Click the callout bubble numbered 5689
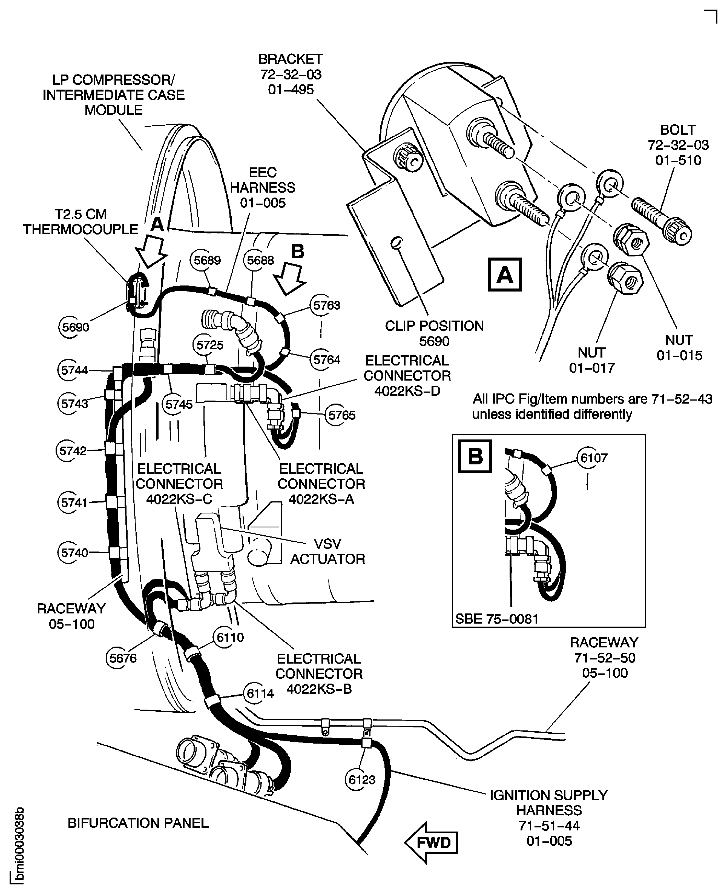click(x=207, y=260)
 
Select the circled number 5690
click(x=75, y=327)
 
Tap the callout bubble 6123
click(x=362, y=780)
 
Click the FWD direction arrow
click(x=431, y=842)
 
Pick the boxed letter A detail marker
click(x=505, y=275)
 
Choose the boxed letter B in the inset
click(x=475, y=456)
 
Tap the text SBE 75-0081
click(x=497, y=619)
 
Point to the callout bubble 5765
click(x=341, y=415)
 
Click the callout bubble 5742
click(x=73, y=451)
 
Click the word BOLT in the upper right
click(x=678, y=130)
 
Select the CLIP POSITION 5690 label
click(x=434, y=333)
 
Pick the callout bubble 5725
click(x=210, y=345)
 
